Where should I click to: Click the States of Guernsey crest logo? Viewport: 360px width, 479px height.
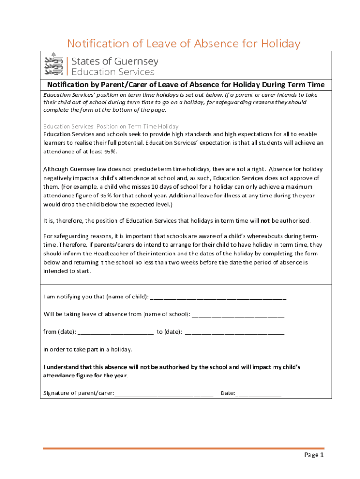[53, 64]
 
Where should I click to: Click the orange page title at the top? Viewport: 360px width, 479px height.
[183, 44]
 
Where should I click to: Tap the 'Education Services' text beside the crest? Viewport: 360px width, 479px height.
[112, 72]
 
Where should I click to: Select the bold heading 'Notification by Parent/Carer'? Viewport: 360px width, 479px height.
[186, 85]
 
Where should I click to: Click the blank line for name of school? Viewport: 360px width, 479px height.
[238, 314]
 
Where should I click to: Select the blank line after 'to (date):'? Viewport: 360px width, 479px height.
[235, 332]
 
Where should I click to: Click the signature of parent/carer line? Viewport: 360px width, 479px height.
[164, 393]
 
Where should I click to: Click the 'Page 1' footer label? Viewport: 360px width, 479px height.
[314, 455]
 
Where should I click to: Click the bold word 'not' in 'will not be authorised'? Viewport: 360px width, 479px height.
[265, 220]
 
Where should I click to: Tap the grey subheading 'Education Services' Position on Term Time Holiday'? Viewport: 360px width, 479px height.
[111, 126]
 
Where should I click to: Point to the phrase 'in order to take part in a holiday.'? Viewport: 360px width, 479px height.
[88, 349]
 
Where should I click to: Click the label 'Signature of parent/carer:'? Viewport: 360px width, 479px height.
[79, 393]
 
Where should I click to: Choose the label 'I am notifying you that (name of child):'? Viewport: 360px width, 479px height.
[96, 297]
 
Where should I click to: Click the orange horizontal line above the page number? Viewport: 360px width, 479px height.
[183, 449]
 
